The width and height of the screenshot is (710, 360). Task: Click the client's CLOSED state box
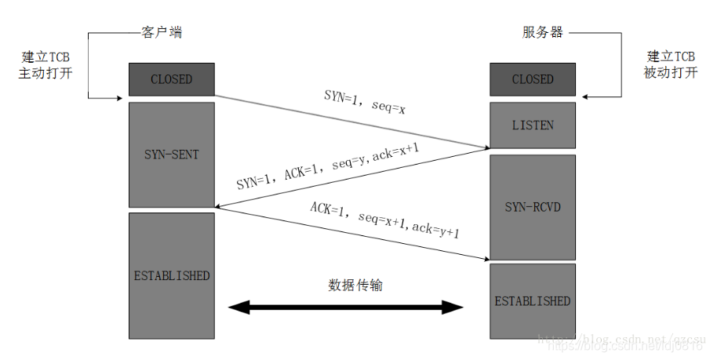(171, 79)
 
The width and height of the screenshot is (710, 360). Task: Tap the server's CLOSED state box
(533, 79)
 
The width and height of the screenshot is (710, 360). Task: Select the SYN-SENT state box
(171, 155)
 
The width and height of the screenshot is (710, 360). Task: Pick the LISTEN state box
(533, 125)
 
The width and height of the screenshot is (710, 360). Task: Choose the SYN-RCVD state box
(533, 207)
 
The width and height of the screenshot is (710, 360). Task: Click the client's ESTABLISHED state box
(171, 275)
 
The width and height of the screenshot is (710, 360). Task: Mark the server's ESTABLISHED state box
(533, 300)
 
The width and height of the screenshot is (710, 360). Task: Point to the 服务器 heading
(542, 32)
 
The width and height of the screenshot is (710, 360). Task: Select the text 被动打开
(672, 73)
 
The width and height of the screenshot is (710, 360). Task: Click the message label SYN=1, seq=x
(365, 103)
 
